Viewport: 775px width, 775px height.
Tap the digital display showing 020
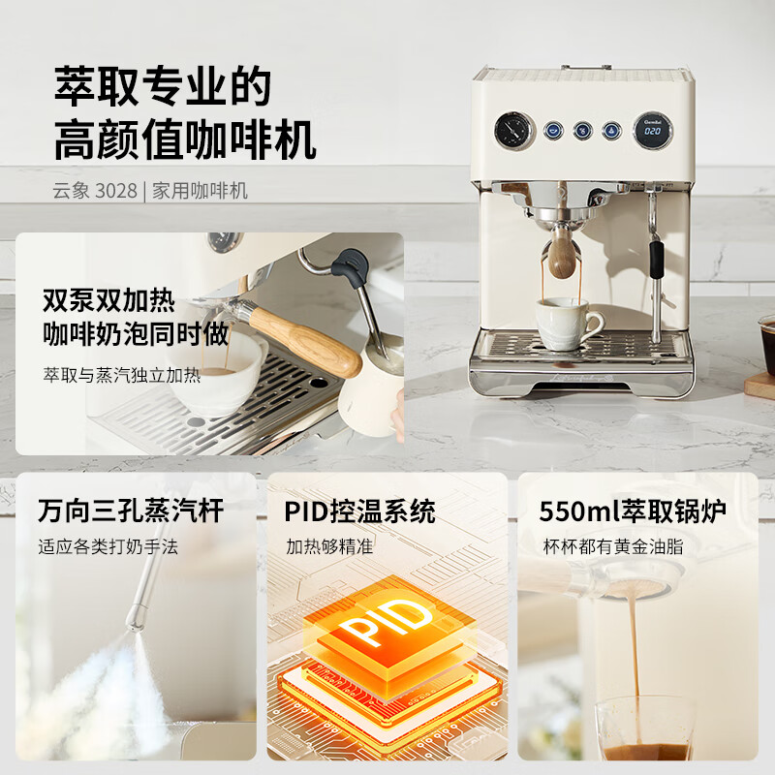pos(654,130)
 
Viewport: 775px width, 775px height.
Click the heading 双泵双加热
pos(109,299)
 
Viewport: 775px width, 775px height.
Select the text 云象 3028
pos(95,190)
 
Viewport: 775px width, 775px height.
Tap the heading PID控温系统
pos(360,511)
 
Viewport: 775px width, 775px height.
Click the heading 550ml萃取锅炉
pos(633,511)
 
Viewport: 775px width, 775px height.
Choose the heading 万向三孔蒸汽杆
pos(131,511)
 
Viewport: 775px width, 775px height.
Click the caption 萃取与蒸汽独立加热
pos(122,374)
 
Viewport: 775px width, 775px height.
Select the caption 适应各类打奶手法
pos(108,546)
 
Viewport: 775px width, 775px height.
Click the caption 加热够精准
pos(329,546)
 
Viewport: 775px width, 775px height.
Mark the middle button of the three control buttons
pos(582,130)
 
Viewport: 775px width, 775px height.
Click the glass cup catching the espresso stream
pos(643,728)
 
